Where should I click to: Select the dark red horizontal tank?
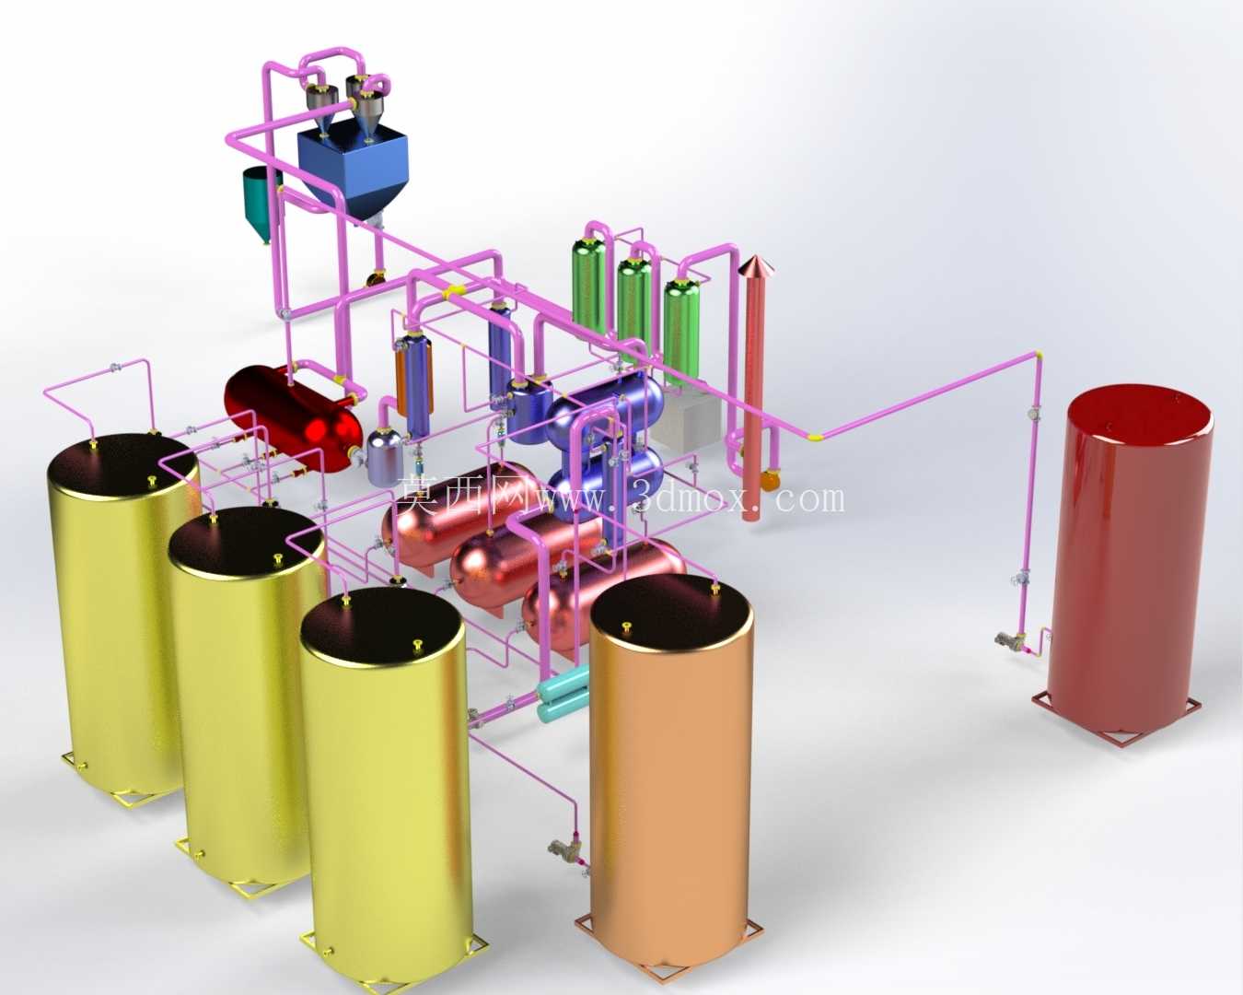294,415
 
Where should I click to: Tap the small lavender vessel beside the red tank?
384,457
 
